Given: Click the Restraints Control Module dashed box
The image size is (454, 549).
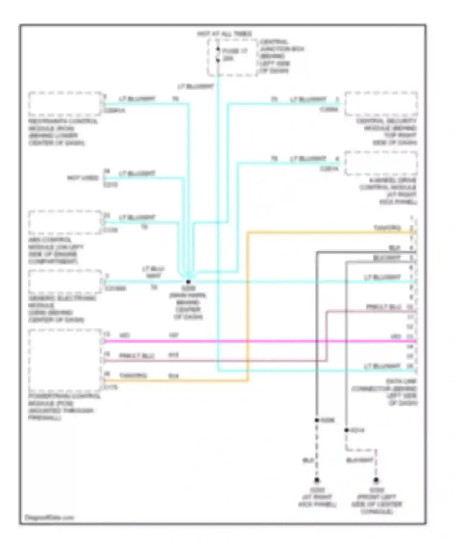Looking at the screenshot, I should click(x=65, y=104).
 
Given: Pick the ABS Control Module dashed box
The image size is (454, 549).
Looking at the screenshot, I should click(x=65, y=222).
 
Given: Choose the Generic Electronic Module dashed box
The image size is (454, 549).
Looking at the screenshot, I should click(x=65, y=281).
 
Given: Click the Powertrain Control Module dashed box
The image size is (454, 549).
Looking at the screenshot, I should click(x=65, y=360).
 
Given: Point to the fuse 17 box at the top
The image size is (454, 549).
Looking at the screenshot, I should click(x=232, y=58).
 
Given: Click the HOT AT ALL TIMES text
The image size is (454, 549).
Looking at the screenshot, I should click(x=225, y=34).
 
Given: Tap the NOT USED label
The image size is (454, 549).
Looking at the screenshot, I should click(x=83, y=178).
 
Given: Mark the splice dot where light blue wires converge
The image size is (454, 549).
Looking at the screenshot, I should click(x=188, y=281).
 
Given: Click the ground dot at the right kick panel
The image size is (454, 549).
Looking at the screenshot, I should click(x=317, y=480).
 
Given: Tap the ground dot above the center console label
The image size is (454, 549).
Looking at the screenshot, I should click(x=376, y=480).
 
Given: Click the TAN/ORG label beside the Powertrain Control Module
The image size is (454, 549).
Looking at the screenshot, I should click(x=133, y=376).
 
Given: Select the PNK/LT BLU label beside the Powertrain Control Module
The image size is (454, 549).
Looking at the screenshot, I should click(x=132, y=356).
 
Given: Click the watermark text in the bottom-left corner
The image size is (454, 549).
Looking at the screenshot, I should click(x=49, y=518).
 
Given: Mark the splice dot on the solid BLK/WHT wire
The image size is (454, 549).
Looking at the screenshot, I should click(x=347, y=430).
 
